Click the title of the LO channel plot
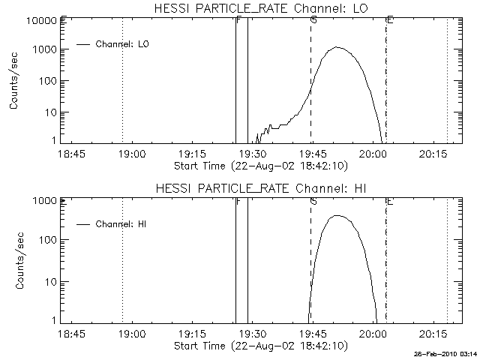click(260, 8)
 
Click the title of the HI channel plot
click(260, 188)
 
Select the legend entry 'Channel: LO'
click(123, 44)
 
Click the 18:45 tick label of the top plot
click(72, 154)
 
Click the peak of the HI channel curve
click(337, 216)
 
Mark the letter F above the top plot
click(238, 19)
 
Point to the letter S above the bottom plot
click(313, 201)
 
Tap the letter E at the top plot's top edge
click(389, 19)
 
